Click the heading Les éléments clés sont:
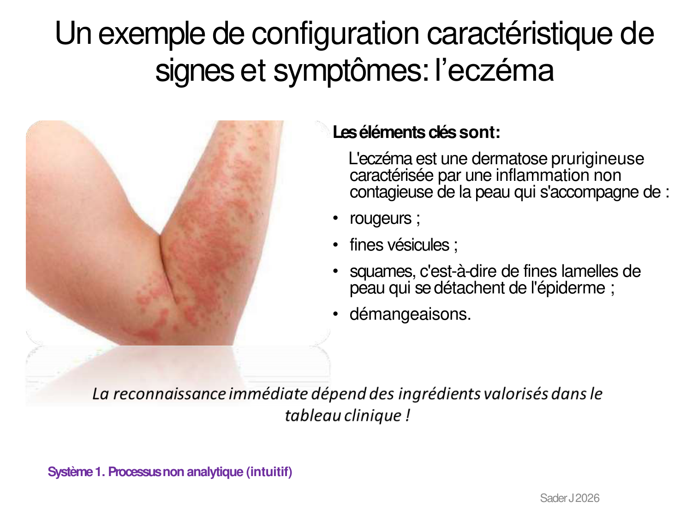(416, 132)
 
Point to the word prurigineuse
(597, 159)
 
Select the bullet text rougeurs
(381, 218)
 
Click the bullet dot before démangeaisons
(335, 314)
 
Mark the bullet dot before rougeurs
(335, 218)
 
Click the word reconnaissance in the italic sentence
(170, 394)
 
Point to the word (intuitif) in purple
(269, 472)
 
